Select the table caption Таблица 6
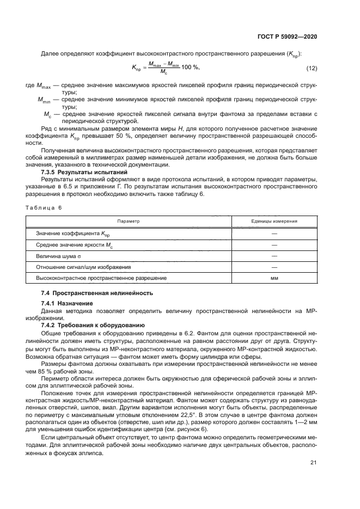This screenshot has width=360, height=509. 44,208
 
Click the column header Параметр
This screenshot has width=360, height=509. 129,222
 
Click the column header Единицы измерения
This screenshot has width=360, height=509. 274,222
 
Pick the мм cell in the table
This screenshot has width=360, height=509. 274,278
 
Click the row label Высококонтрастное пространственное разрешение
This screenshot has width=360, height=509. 101,278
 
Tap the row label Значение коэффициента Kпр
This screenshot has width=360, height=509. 69,234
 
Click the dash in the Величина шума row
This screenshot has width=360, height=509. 274,255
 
